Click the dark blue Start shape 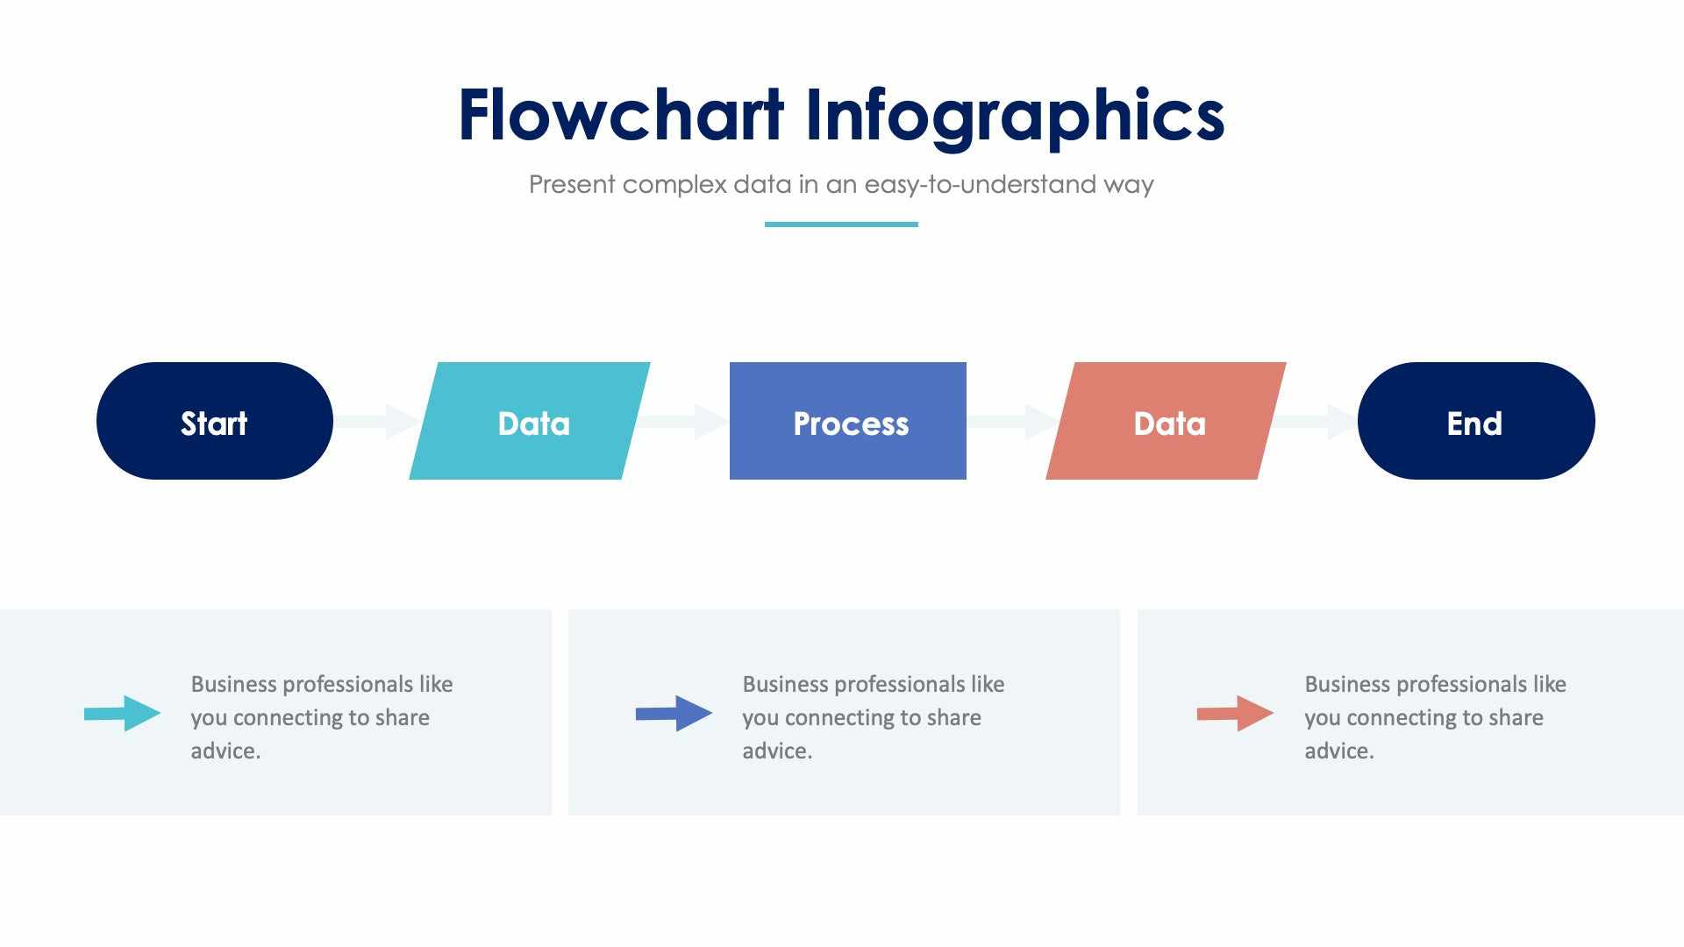point(214,421)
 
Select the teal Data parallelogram point(530,421)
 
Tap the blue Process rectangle point(847,421)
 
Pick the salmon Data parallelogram point(1166,421)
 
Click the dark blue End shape point(1475,421)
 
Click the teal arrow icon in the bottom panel point(123,713)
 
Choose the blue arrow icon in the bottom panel point(674,713)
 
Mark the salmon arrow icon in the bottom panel point(1235,713)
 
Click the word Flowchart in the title point(620,116)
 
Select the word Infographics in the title point(1014,116)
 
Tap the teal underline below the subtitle point(841,224)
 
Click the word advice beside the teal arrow point(224,751)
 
